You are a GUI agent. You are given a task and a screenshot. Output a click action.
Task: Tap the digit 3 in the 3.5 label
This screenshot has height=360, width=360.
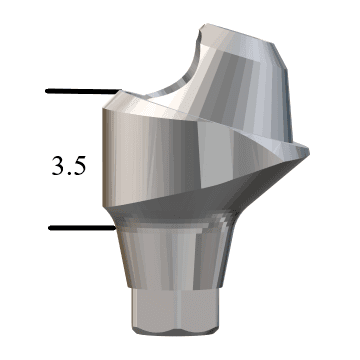58,165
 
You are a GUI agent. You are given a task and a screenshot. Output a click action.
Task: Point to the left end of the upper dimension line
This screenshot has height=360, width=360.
47,92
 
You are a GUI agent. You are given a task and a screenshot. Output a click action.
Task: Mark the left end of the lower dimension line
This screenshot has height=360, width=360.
50,228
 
